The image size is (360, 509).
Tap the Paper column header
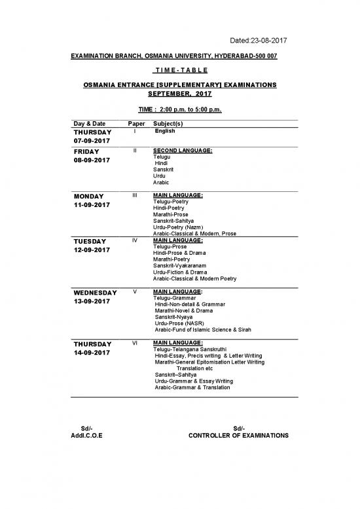pos(134,124)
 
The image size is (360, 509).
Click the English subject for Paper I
pos(165,131)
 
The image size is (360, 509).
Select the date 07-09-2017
pos(92,141)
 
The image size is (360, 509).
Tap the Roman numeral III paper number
pos(134,195)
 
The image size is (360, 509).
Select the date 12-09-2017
pos(92,250)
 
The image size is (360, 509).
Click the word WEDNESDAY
pos(96,293)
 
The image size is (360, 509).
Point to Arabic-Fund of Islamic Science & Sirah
pos(203,330)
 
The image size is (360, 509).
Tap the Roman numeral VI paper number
pos(134,343)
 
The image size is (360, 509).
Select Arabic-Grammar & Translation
pos(192,387)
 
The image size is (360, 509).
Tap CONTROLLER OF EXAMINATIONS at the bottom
pos(238,436)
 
